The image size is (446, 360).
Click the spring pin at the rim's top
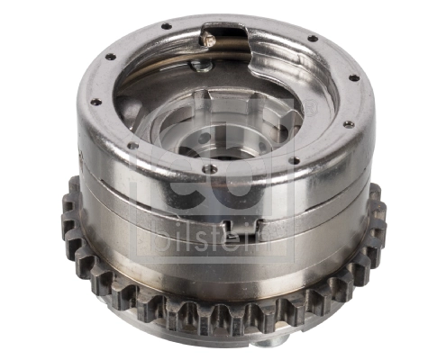(207, 37)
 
